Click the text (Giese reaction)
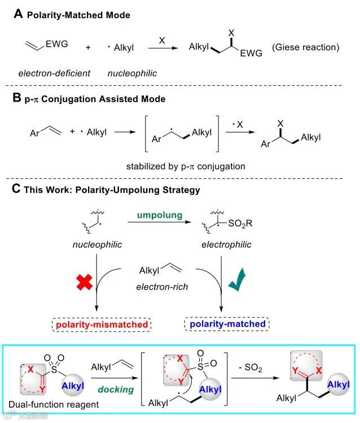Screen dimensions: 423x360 pos(306,47)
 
